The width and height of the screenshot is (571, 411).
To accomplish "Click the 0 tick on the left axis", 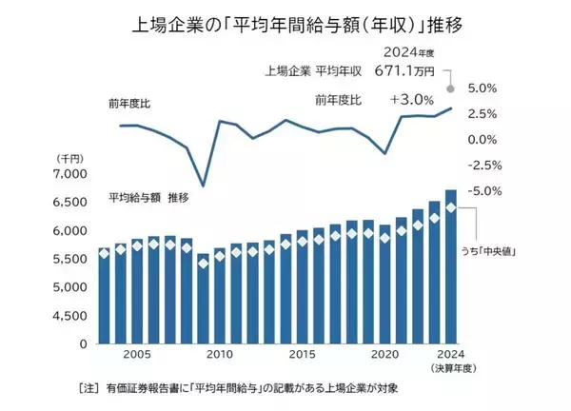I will pos(82,343).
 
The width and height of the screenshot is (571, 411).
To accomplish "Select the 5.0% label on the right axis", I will pos(482,88).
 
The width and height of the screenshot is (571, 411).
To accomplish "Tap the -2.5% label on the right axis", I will pos(482,165).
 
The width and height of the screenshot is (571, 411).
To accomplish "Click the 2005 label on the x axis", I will pos(136,354).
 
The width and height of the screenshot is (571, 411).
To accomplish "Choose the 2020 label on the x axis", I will pos(384,354).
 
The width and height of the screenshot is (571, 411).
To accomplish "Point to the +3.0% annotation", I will pos(411,99).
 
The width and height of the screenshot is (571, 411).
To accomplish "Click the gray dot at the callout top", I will pos(451,88).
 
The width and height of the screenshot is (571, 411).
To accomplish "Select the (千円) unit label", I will pos(70,158).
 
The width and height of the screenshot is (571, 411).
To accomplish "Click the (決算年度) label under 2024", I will pos(453,367).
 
